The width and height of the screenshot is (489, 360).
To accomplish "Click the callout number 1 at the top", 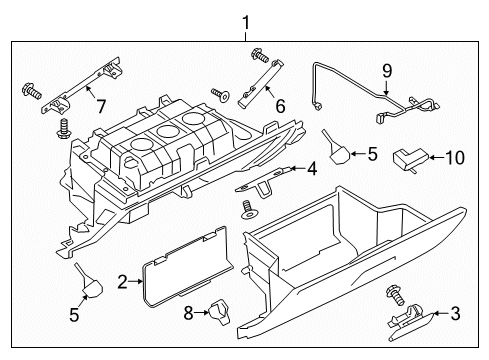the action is [x=245, y=24].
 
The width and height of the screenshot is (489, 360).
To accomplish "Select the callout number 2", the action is [x=123, y=282].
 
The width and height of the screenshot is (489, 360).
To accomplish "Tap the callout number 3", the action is [x=455, y=314].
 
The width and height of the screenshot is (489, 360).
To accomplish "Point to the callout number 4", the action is [x=312, y=169].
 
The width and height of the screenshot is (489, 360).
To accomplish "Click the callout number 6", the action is [x=280, y=106].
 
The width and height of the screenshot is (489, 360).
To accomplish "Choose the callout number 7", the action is [x=101, y=106].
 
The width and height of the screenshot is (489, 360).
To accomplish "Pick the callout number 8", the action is [x=189, y=313].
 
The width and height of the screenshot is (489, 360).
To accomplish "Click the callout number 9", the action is [x=387, y=71].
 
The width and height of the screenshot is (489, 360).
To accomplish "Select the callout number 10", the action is [x=455, y=157].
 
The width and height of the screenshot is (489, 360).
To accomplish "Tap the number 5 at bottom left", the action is [x=74, y=315].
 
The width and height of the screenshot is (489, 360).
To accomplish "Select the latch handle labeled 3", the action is [x=410, y=323].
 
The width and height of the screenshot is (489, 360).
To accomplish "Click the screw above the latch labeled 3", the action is [x=395, y=296].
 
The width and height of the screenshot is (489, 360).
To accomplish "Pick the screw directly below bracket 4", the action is [x=248, y=210].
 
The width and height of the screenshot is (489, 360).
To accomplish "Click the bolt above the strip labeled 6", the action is [x=260, y=55].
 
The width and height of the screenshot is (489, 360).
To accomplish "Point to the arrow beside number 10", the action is [x=436, y=157].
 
